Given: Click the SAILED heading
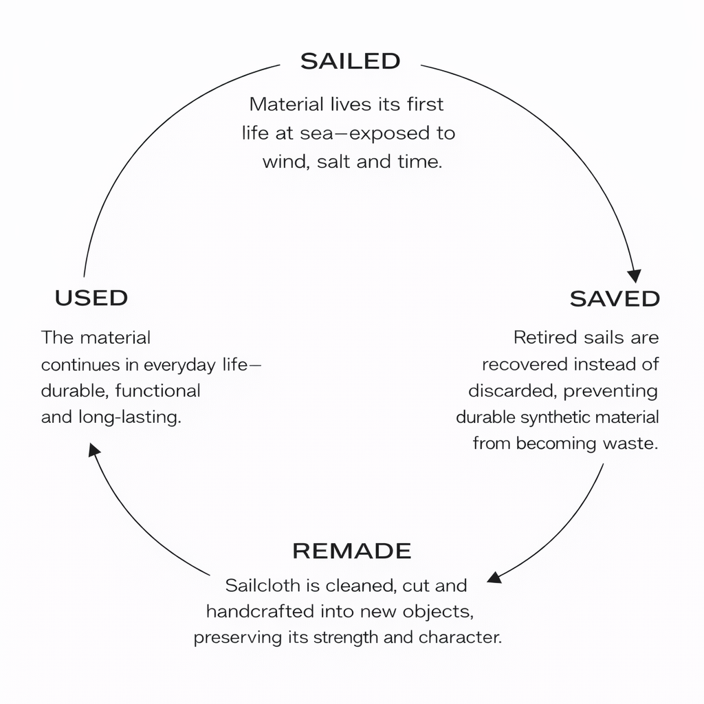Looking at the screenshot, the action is tap(351, 61).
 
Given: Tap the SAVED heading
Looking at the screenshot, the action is tap(615, 298).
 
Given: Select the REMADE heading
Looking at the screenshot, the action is tap(351, 551).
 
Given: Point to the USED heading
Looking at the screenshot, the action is tap(91, 298).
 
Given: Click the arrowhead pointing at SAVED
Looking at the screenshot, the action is tap(635, 275).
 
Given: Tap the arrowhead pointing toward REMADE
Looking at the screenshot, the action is tap(494, 575).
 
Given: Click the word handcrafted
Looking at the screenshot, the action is tap(261, 611).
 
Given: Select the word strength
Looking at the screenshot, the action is tap(346, 637).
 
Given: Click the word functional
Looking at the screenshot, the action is tap(157, 391).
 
